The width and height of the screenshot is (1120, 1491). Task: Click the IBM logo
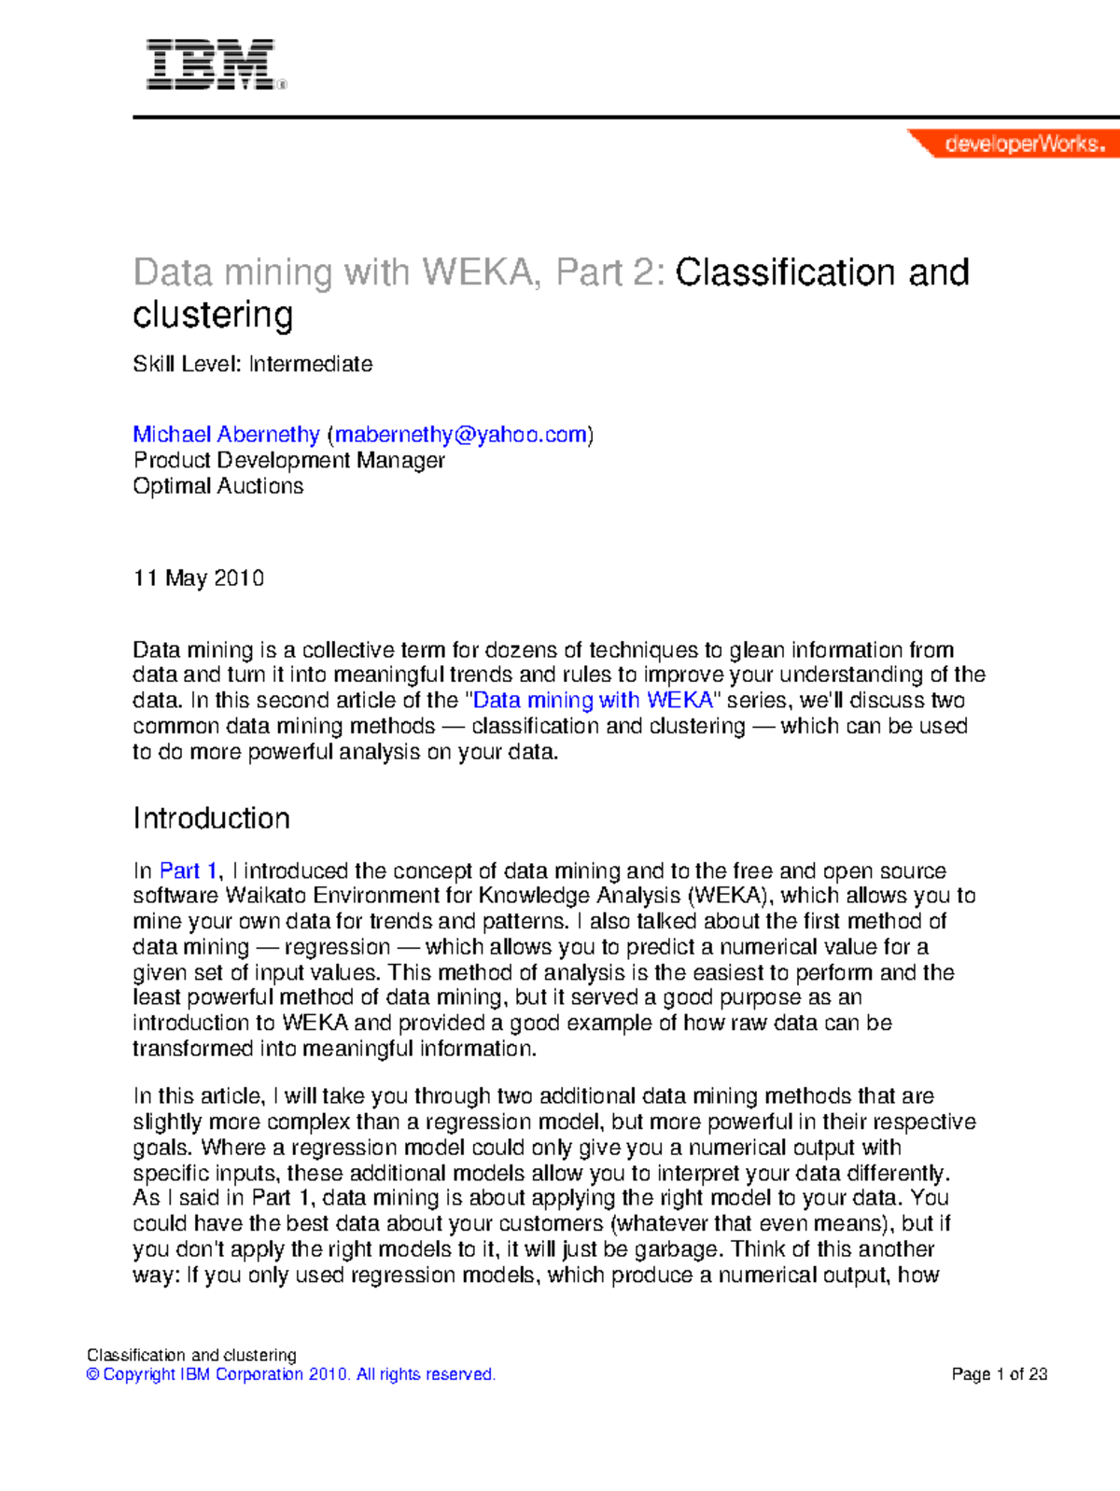coord(212,64)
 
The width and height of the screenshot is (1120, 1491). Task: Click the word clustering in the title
coord(213,315)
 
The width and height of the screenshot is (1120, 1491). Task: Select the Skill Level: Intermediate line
coord(252,364)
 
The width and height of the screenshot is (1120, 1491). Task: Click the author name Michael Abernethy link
coord(226,435)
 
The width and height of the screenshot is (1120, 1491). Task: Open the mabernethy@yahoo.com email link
coord(461,435)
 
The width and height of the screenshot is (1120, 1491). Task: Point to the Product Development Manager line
coord(288,460)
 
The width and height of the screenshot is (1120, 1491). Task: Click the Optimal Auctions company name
coord(217,486)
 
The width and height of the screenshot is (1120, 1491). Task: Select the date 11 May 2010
coord(198,578)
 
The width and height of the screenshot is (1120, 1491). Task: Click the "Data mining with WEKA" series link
coord(594,701)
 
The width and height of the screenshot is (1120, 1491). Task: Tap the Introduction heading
coord(211,818)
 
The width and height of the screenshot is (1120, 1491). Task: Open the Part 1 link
coord(188,871)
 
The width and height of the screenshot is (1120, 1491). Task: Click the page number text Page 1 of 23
coord(999,1374)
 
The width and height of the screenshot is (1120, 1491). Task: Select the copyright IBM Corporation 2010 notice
coord(290,1374)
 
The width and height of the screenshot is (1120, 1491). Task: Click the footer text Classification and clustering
coord(191,1355)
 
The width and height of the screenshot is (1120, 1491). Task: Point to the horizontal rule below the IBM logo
coord(625,118)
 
